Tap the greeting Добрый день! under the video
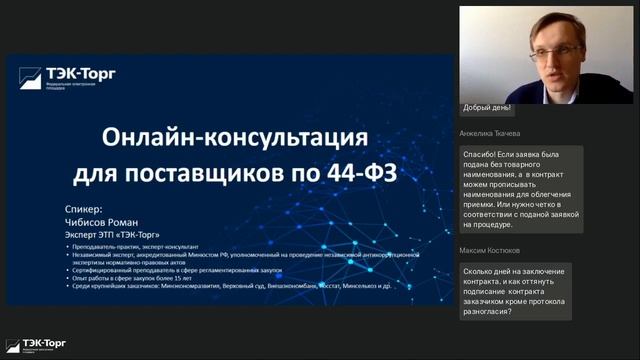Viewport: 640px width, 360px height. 487,108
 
